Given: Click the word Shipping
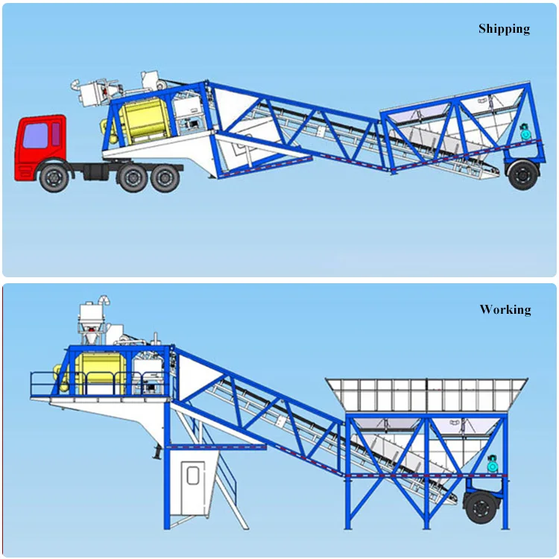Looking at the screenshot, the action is pyautogui.click(x=504, y=29).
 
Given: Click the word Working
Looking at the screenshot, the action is pyautogui.click(x=505, y=309).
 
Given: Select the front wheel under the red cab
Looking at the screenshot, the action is pyautogui.click(x=53, y=179).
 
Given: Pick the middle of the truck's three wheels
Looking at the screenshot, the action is pyautogui.click(x=133, y=179).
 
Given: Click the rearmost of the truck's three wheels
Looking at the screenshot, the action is pyautogui.click(x=165, y=179).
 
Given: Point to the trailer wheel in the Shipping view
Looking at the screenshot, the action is pyautogui.click(x=522, y=174).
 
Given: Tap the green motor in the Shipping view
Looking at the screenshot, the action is pyautogui.click(x=527, y=133).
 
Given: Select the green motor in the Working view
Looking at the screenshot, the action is pyautogui.click(x=492, y=462).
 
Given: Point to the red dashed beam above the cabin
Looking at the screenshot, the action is pyautogui.click(x=215, y=446).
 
